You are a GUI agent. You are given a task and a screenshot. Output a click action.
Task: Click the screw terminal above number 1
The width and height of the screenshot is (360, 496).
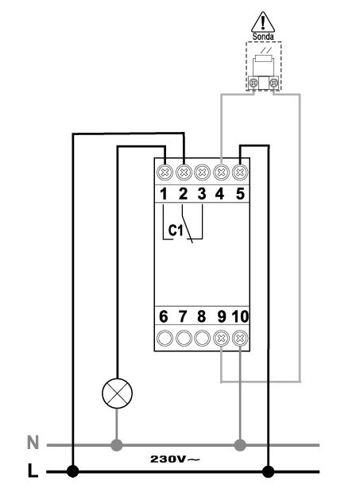165,172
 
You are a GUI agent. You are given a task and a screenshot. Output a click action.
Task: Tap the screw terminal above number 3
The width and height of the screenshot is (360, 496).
203,172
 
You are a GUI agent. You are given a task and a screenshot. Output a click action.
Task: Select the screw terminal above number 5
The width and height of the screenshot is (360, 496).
240,172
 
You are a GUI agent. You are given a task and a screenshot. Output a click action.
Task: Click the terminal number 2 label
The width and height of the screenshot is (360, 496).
183,194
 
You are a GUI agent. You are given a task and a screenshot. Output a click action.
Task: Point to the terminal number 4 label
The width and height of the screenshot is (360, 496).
220,194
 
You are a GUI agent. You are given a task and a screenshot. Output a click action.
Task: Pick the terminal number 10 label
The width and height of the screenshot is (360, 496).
241,316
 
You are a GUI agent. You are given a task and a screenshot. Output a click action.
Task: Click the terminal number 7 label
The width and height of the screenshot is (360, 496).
183,316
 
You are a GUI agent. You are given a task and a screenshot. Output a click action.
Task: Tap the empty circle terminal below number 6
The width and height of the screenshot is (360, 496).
165,339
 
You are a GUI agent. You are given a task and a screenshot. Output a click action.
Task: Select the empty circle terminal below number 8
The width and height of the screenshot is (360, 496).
202,339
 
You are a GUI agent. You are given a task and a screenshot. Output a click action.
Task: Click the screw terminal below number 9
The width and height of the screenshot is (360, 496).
221,339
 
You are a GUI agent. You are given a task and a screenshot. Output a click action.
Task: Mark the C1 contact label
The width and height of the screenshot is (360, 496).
176,231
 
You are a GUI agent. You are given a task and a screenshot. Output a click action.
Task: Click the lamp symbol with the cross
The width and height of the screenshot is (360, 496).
117,393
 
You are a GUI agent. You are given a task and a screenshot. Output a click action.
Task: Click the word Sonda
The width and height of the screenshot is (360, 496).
263,37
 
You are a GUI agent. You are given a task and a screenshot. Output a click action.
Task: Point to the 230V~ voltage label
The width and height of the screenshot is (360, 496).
175,459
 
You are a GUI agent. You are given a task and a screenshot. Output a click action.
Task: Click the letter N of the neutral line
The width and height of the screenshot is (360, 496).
33,442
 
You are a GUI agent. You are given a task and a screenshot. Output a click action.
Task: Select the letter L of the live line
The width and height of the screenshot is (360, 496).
33,471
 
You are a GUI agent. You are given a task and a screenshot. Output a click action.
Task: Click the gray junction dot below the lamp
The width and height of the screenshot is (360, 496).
117,445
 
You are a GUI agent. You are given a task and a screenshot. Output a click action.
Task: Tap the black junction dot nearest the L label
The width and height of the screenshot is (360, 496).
73,471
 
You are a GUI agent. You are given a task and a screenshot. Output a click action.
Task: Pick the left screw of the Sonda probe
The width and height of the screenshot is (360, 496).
253,83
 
